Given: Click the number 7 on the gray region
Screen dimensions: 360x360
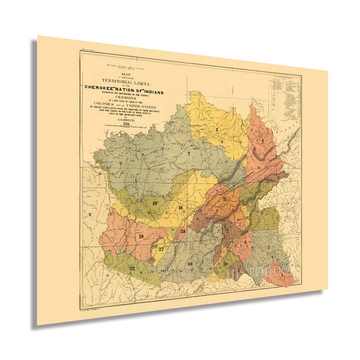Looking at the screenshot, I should [x=188, y=153].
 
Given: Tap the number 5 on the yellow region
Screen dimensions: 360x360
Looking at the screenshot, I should [x=216, y=129].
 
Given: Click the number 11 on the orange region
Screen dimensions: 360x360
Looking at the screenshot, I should [x=225, y=199].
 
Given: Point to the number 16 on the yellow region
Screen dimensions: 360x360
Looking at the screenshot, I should [x=180, y=207].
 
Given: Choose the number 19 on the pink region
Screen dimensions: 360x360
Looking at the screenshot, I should [x=141, y=236].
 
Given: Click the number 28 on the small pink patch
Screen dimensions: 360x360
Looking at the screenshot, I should [x=183, y=230].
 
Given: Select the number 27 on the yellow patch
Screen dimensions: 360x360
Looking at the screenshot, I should [x=161, y=249].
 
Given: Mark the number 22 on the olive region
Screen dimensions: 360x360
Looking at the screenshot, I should [x=132, y=268].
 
